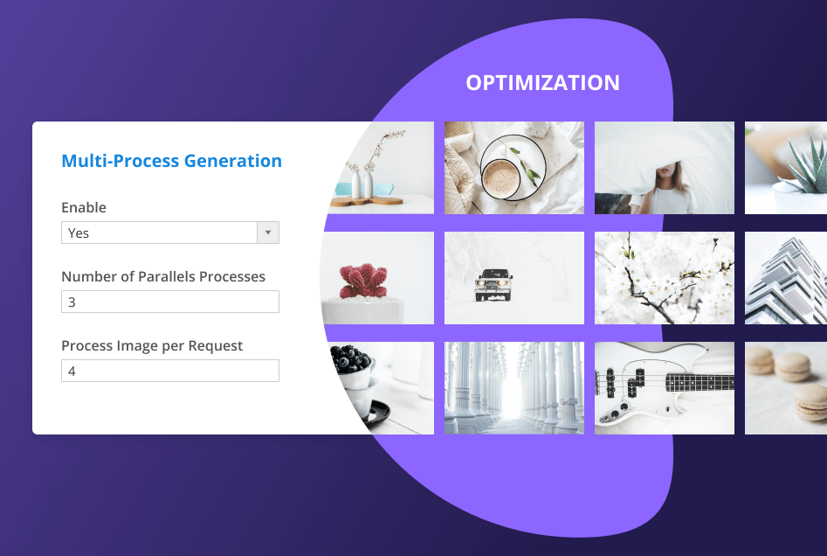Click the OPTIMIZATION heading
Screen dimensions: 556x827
tap(542, 83)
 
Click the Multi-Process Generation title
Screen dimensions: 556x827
tap(171, 161)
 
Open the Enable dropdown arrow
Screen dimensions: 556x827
tap(268, 233)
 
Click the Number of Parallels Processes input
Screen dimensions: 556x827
tap(169, 302)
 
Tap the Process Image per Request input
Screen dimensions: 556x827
tap(169, 372)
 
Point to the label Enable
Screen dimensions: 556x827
tap(84, 208)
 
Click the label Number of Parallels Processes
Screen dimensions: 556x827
tap(163, 277)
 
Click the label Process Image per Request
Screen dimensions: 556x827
tap(152, 346)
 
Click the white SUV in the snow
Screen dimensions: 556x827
tap(494, 283)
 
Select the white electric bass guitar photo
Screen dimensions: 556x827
tap(664, 387)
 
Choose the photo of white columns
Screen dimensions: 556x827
tap(513, 387)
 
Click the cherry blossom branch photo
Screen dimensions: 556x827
tap(664, 278)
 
